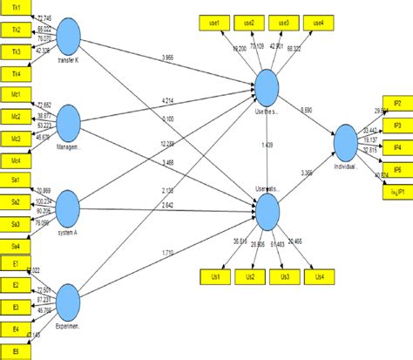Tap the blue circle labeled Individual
pos(346,139)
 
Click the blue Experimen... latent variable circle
pos(68,302)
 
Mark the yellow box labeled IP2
pos(396,104)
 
